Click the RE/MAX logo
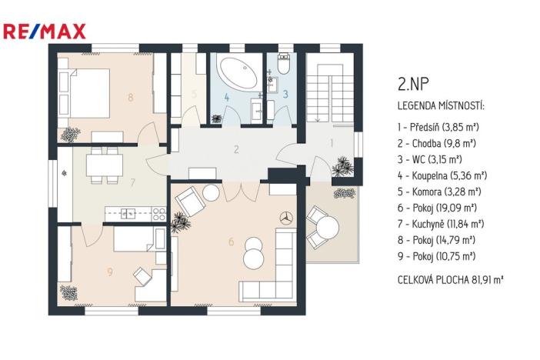45,32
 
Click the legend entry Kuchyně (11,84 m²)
441,224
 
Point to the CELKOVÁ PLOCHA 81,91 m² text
450,281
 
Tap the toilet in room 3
283,65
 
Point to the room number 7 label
132,183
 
